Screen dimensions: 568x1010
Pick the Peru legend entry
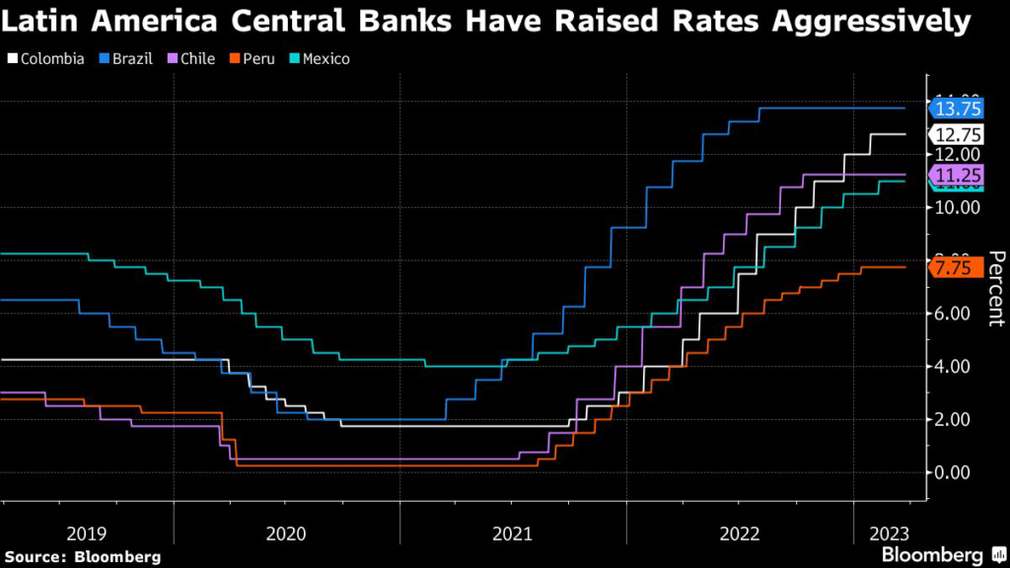(x=254, y=58)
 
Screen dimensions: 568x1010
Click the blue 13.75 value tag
(x=956, y=108)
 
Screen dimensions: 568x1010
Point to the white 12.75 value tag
(x=956, y=134)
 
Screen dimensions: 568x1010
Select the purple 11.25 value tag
(x=956, y=175)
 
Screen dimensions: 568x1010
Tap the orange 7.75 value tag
(x=956, y=267)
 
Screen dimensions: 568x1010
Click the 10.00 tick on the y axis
(x=957, y=207)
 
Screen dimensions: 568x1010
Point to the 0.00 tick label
(x=957, y=472)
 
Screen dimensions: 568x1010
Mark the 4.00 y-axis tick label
(x=957, y=367)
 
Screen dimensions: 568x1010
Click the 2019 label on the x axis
(x=87, y=533)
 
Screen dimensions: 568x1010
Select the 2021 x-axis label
(x=513, y=533)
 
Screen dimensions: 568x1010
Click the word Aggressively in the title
(x=868, y=21)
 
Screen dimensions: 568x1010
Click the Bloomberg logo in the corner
(x=941, y=555)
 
